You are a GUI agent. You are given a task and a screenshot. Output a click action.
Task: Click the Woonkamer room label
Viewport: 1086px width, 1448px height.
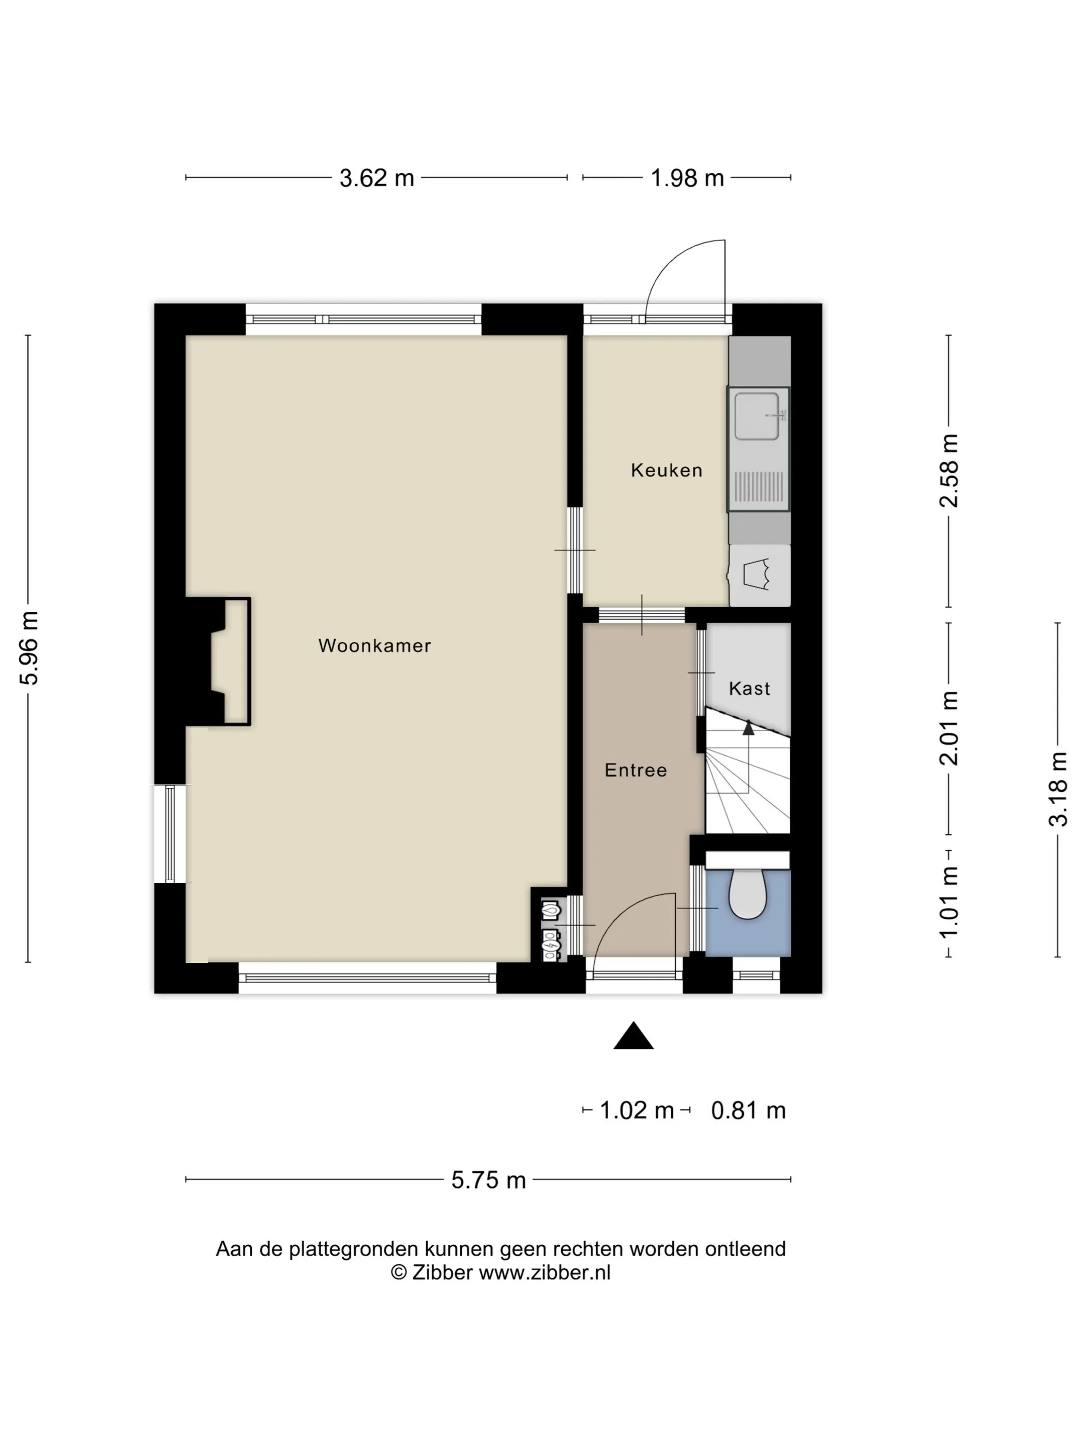point(374,645)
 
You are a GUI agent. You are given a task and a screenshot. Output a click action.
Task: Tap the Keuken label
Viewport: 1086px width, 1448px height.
point(667,470)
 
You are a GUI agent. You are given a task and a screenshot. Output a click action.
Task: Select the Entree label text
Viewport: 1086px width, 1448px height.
point(636,770)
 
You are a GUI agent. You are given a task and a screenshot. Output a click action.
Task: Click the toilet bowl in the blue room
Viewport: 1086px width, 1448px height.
point(748,894)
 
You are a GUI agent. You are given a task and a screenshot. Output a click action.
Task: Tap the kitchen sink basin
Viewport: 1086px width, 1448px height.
point(757,416)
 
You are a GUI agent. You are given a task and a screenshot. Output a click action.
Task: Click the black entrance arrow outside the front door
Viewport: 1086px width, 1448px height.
point(633,1036)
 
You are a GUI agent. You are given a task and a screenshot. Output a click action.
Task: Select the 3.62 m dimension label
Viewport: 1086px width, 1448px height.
point(376,178)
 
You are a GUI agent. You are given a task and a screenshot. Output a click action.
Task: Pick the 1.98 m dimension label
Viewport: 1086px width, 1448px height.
point(687,178)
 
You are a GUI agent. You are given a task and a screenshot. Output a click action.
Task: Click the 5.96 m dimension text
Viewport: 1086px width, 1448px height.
point(30,648)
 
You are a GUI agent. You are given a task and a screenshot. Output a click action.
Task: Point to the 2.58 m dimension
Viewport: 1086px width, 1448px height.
point(949,471)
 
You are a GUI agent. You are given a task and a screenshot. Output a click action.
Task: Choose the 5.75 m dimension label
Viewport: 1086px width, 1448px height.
point(488,1180)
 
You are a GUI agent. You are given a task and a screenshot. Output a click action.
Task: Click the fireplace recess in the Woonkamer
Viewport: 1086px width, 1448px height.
point(229,661)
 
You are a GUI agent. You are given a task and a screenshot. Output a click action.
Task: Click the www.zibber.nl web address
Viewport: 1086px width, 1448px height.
point(545,1273)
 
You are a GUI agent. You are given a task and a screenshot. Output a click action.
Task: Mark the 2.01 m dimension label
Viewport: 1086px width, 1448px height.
point(949,728)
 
